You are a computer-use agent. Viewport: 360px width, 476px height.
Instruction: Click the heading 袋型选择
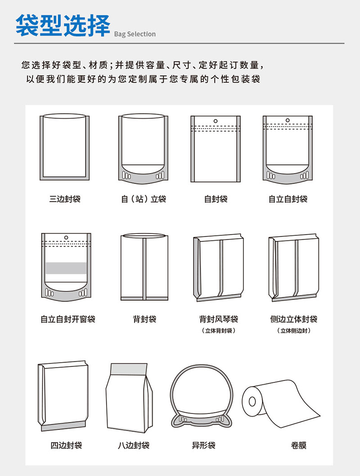(63, 26)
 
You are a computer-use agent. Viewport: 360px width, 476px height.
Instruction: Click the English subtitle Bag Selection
(135, 34)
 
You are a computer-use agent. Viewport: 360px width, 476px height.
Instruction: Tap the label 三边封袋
(65, 199)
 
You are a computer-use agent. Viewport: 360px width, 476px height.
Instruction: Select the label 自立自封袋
(288, 199)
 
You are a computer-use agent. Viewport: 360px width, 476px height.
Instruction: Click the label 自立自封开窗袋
(68, 319)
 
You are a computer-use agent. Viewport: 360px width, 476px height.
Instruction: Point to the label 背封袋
(144, 319)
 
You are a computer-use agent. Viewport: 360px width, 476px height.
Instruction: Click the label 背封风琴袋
(219, 319)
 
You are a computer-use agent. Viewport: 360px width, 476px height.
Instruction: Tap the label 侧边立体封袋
(294, 319)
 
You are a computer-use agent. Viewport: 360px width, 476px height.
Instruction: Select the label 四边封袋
(66, 446)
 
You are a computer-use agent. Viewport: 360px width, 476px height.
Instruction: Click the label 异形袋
(203, 446)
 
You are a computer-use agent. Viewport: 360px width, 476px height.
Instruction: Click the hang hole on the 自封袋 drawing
(216, 121)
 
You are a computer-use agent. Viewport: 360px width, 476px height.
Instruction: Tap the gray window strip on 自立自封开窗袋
(66, 268)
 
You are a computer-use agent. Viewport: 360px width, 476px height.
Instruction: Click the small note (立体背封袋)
(219, 331)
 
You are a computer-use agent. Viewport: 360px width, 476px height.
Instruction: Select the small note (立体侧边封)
(294, 331)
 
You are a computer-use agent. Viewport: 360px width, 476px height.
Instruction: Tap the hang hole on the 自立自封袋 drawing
(288, 120)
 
